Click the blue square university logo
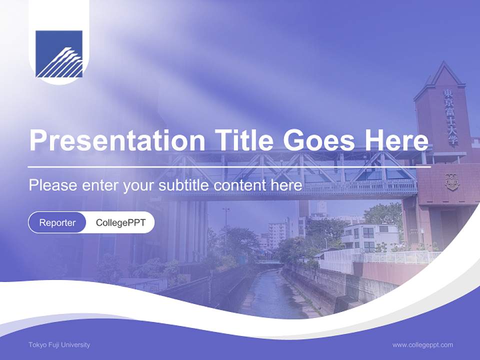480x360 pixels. coord(59,54)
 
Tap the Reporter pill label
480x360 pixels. coord(57,223)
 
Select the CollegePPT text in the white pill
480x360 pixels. coord(120,223)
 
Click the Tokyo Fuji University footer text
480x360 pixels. coord(59,345)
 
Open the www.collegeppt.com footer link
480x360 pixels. coord(422,345)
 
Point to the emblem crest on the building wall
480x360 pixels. coord(451,181)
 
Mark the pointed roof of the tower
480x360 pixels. coord(442,75)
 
